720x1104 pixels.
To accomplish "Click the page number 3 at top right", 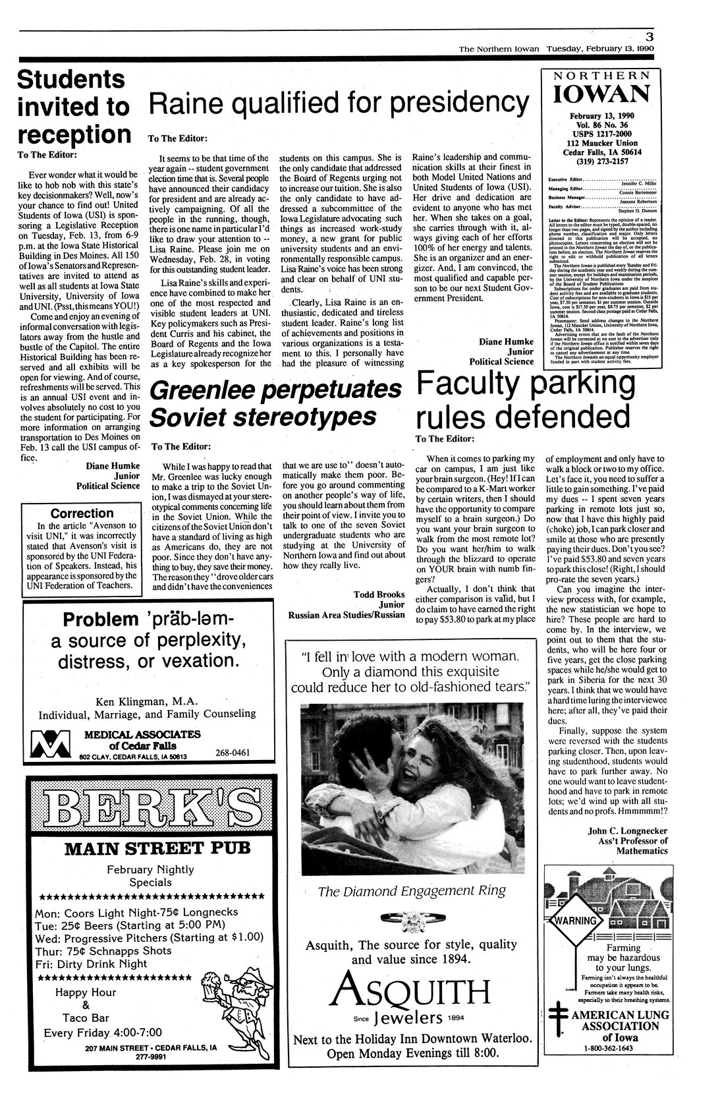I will pyautogui.click(x=649, y=38).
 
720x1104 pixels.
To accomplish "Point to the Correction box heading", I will pyautogui.click(x=82, y=513).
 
